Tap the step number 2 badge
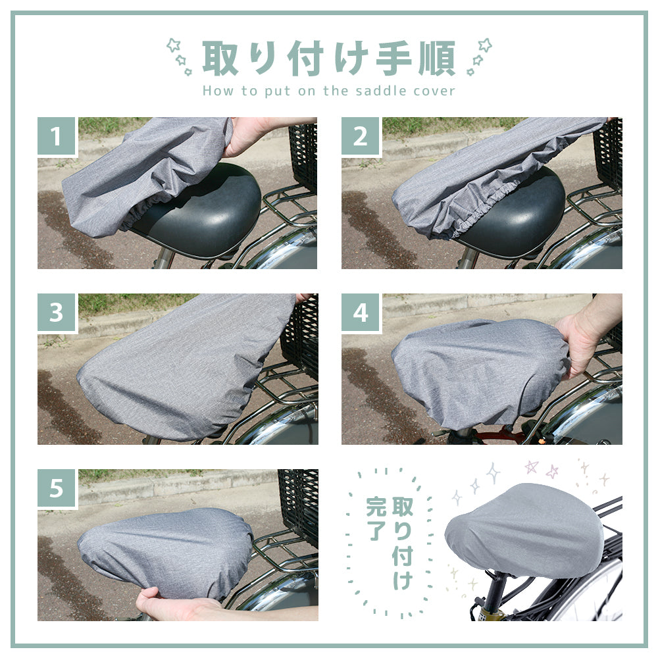[x=361, y=136]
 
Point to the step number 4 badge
[x=361, y=312]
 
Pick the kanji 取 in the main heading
[x=220, y=58]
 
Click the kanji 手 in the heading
[x=393, y=58]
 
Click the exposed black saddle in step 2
[x=516, y=214]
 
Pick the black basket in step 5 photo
[x=298, y=503]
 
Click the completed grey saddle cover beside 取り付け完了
[x=524, y=531]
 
